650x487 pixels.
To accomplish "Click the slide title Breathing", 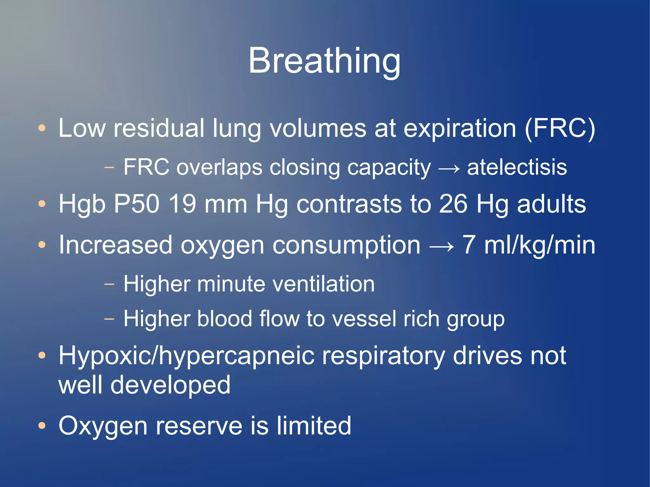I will click(324, 61).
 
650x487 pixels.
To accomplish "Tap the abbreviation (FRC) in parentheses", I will click(560, 128).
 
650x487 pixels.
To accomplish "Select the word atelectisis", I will click(517, 167).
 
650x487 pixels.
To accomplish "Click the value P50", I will click(136, 204).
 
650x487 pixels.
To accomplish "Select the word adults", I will click(551, 204).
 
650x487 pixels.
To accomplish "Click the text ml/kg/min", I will click(540, 245).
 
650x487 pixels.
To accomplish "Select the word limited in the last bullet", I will click(314, 425).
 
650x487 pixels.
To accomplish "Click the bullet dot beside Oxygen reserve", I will click(42, 425).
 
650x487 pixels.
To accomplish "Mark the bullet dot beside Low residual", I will click(42, 128).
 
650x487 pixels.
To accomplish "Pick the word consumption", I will click(346, 245).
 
